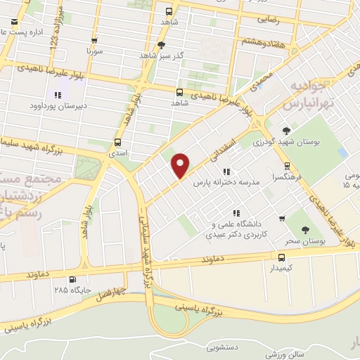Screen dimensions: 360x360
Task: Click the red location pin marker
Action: click(181, 165)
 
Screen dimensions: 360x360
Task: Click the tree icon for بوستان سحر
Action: click(304, 229)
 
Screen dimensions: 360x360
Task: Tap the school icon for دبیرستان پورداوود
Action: click(57, 95)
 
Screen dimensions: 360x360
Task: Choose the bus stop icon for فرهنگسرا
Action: click(286, 167)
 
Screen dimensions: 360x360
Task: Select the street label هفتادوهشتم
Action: click(264, 41)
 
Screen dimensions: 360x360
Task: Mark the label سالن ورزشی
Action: click(287, 354)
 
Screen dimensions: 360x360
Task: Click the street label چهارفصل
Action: click(110, 290)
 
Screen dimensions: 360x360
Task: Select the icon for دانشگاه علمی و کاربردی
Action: click(238, 213)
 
